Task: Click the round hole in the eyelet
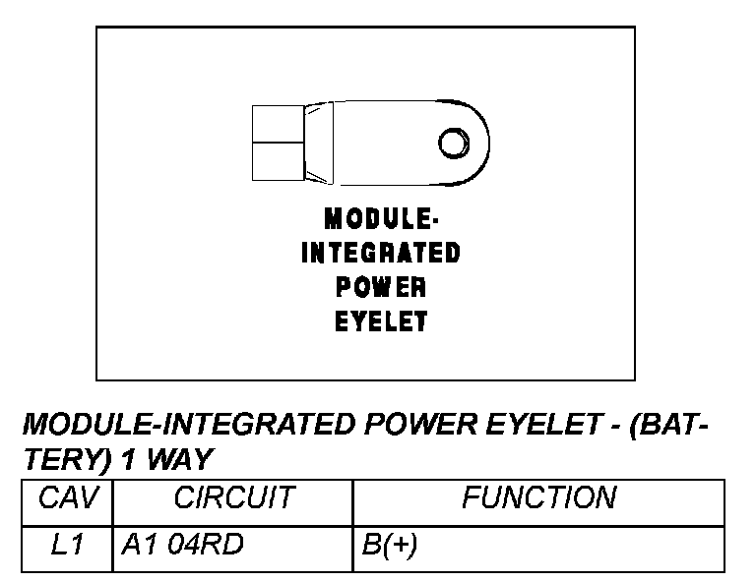coord(452,144)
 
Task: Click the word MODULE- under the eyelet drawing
coord(380,218)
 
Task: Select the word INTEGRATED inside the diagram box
coord(380,254)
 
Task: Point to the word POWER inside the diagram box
coord(380,287)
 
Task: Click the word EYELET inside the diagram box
coord(380,321)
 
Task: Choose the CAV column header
coord(68,498)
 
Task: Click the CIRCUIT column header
coord(233,498)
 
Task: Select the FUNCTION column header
coord(538,498)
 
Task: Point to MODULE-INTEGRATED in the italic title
coord(187,425)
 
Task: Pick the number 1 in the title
coord(133,458)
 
